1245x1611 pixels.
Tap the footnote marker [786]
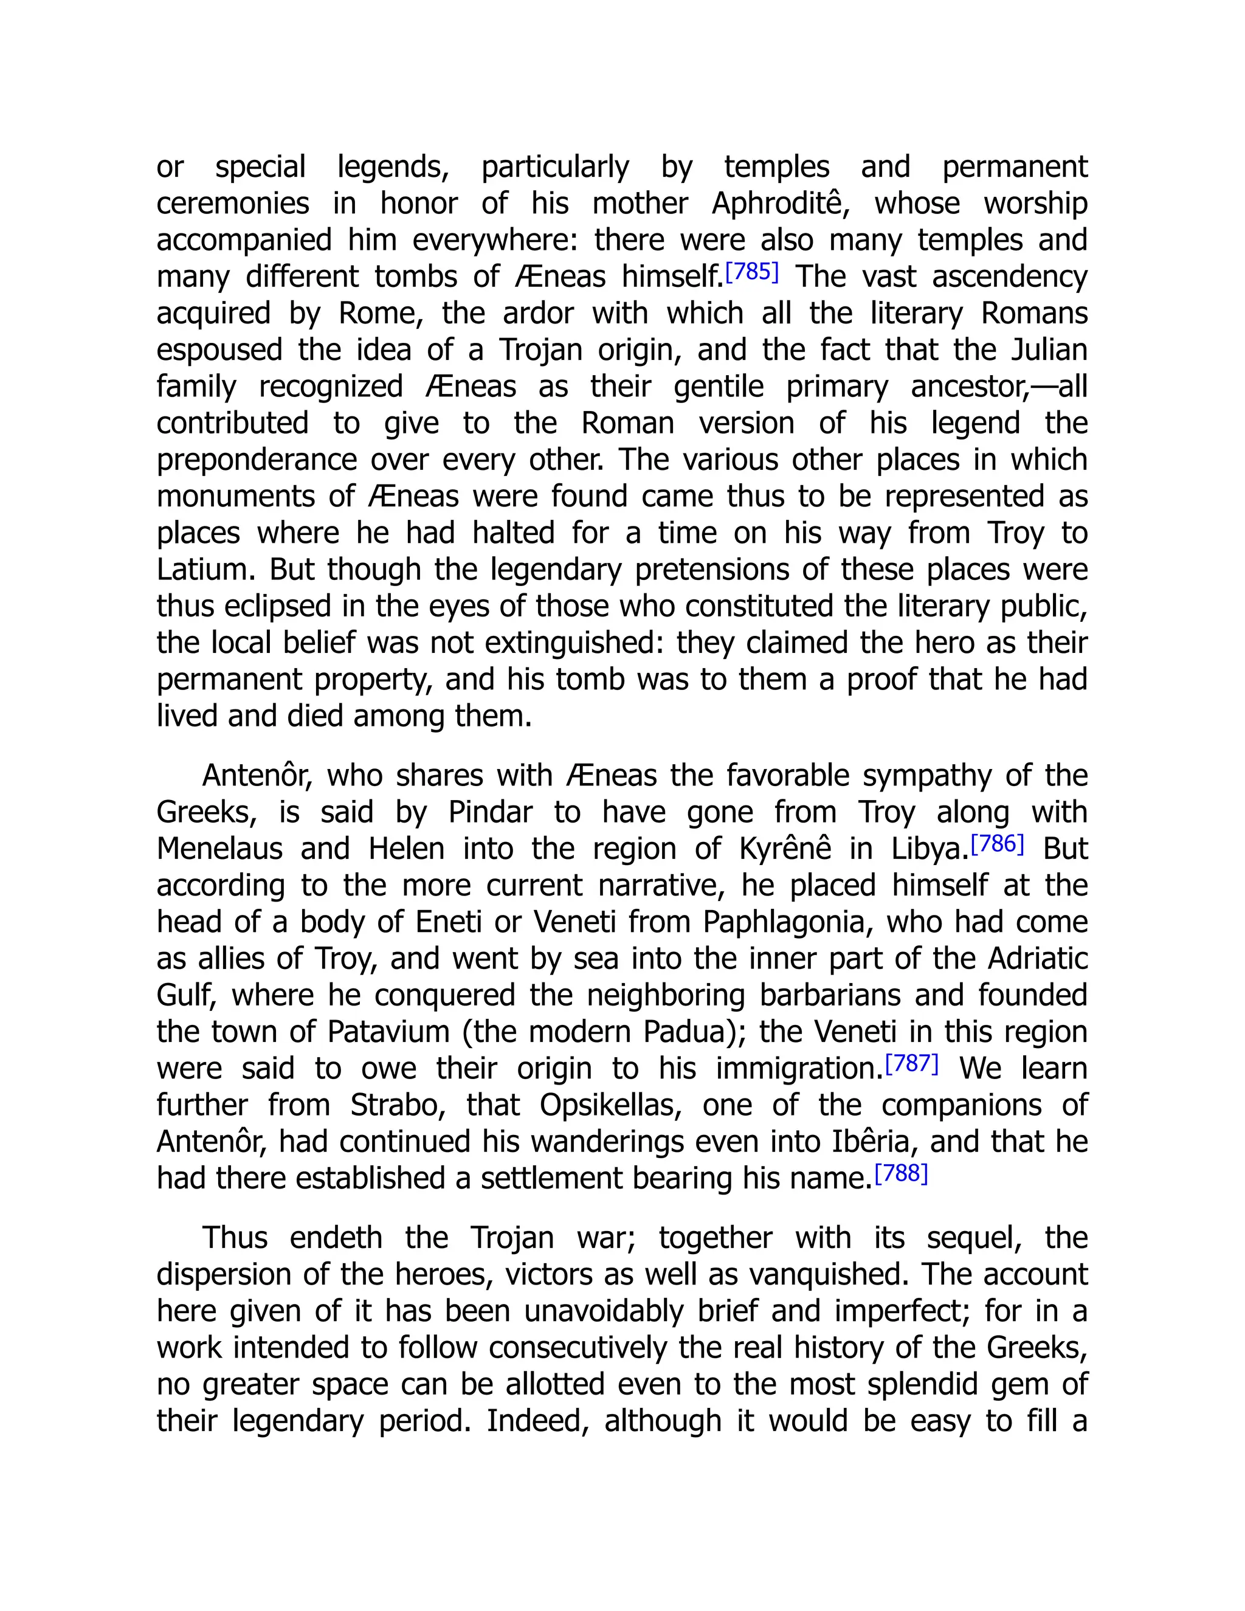997,844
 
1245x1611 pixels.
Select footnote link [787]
912,1064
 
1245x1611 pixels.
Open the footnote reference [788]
900,1173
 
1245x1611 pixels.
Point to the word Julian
1049,350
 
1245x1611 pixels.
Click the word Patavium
388,1032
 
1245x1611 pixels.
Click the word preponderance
255,460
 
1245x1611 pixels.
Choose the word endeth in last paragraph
336,1238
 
